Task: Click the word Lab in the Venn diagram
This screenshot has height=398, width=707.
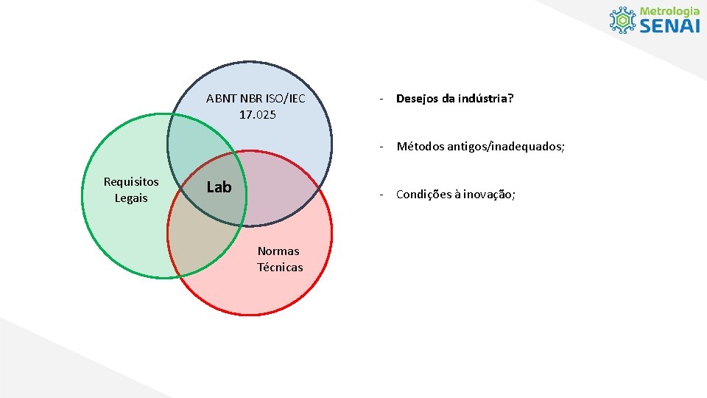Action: [x=219, y=187]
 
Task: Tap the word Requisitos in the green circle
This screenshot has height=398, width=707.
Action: [x=131, y=181]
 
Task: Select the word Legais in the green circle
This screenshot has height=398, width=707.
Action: [x=131, y=198]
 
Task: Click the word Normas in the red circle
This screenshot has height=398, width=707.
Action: [x=278, y=251]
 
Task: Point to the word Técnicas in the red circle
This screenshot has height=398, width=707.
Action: [x=280, y=267]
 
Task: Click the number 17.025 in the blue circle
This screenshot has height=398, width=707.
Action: [x=258, y=114]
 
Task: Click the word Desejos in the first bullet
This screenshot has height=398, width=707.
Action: [x=418, y=98]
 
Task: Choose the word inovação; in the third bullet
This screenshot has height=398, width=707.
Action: [x=490, y=195]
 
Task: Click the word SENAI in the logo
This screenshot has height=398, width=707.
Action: [x=669, y=26]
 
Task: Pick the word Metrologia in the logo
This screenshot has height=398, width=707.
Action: [x=669, y=11]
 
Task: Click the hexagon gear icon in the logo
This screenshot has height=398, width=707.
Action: [x=623, y=20]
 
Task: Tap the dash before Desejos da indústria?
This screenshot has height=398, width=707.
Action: [x=381, y=98]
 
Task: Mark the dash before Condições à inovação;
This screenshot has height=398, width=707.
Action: [x=381, y=195]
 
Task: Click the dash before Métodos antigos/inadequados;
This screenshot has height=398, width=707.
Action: [x=381, y=146]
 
